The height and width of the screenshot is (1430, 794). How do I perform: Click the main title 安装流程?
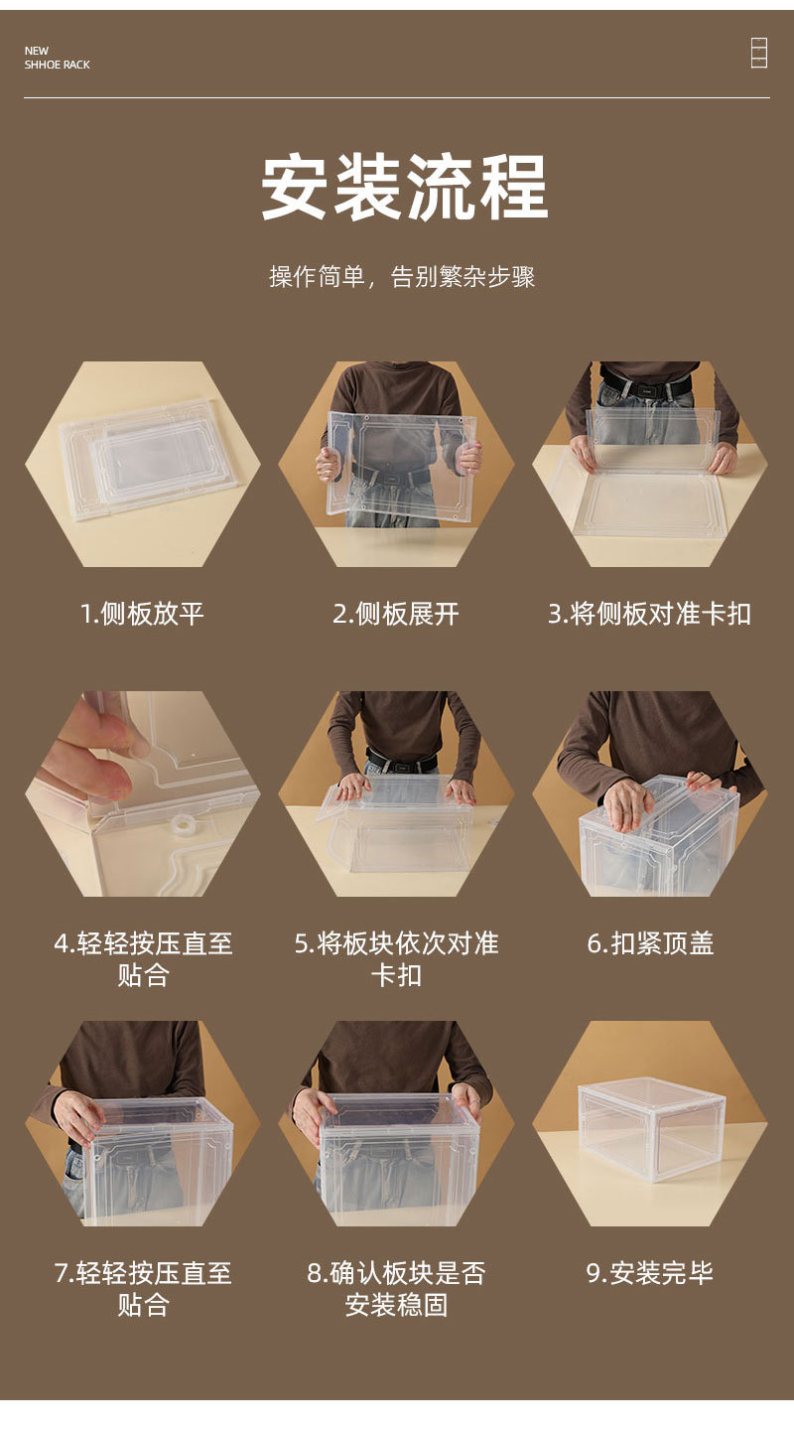tap(404, 188)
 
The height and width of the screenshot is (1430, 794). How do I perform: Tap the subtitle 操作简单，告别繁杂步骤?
tap(402, 277)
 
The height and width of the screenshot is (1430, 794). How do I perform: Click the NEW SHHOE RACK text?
tap(57, 58)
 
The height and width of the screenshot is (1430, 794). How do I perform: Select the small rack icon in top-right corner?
tap(758, 53)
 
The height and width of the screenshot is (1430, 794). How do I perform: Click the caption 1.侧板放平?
tap(142, 614)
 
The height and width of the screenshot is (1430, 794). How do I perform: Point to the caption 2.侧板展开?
tap(396, 614)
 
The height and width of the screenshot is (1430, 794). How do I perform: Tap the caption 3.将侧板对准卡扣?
tap(649, 614)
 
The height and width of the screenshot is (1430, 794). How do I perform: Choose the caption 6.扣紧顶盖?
tap(650, 943)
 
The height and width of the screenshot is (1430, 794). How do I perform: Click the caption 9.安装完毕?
tap(649, 1273)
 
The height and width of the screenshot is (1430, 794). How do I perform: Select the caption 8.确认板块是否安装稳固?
tap(396, 1288)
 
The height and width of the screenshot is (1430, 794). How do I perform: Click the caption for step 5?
tap(396, 958)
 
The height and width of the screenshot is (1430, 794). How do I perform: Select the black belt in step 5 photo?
tap(402, 764)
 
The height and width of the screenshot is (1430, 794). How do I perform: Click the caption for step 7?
tap(142, 1288)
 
